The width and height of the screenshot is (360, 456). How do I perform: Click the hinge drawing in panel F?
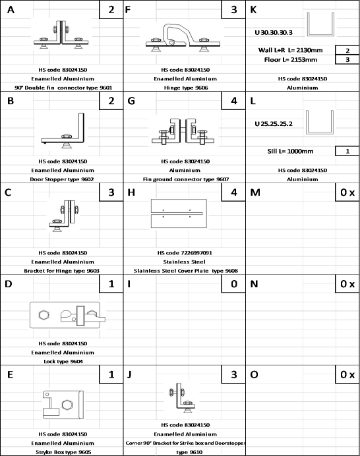click(x=183, y=38)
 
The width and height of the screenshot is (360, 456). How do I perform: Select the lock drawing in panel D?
click(x=67, y=315)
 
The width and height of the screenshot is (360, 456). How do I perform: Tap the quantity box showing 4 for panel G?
click(x=233, y=101)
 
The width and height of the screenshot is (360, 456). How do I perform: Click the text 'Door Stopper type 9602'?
click(x=62, y=179)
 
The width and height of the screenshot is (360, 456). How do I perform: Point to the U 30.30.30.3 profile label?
click(x=274, y=32)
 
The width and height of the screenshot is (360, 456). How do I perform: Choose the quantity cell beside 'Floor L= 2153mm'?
click(x=347, y=59)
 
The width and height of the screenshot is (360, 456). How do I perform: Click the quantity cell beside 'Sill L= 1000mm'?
click(x=347, y=151)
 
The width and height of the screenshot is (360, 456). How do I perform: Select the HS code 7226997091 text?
click(x=185, y=253)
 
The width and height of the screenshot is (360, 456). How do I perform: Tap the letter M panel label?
click(x=255, y=192)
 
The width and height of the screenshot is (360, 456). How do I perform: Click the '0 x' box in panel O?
click(x=347, y=374)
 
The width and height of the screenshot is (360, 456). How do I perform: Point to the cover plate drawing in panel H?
click(x=179, y=214)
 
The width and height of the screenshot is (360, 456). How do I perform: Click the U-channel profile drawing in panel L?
click(x=319, y=123)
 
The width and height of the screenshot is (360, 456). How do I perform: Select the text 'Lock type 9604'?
click(x=63, y=361)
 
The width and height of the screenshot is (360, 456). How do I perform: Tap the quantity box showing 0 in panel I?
click(x=233, y=283)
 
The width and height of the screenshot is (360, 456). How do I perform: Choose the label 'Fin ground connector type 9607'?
click(x=186, y=179)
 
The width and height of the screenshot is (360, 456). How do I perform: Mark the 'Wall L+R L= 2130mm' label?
click(x=291, y=50)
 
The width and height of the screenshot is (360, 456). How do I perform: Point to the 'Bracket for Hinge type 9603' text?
click(x=62, y=271)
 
